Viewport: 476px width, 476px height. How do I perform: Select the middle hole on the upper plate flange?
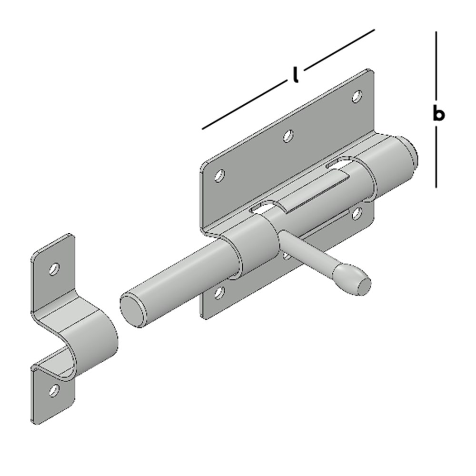pos(288,136)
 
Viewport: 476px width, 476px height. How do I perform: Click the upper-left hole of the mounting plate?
pos(219,176)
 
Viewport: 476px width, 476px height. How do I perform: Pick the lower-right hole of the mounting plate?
pos(357,213)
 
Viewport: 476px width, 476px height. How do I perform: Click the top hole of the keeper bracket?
pos(54,269)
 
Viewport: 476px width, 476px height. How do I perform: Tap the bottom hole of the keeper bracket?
pos(54,390)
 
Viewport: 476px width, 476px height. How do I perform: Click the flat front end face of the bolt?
pos(133,310)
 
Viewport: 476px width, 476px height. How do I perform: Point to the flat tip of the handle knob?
pos(363,286)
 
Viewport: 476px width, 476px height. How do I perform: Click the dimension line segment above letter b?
pos(436,65)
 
